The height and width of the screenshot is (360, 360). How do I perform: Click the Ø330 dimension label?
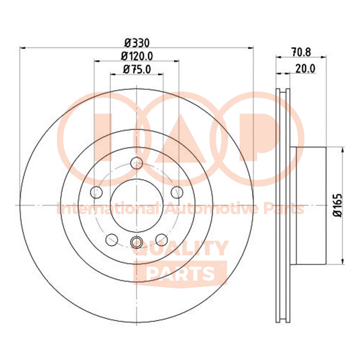137,43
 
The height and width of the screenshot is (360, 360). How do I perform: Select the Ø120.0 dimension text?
137,56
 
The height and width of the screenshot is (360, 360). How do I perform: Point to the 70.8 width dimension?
301,52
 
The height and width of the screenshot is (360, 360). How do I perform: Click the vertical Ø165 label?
339,205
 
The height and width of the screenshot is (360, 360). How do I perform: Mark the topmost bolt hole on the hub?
136,163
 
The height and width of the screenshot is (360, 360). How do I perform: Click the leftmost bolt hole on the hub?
96,192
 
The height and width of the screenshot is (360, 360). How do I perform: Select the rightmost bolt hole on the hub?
177,192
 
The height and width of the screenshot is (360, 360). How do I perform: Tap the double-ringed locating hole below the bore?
136,242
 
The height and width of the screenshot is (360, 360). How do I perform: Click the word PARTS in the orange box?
180,273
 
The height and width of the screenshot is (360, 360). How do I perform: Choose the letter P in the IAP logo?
260,137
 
